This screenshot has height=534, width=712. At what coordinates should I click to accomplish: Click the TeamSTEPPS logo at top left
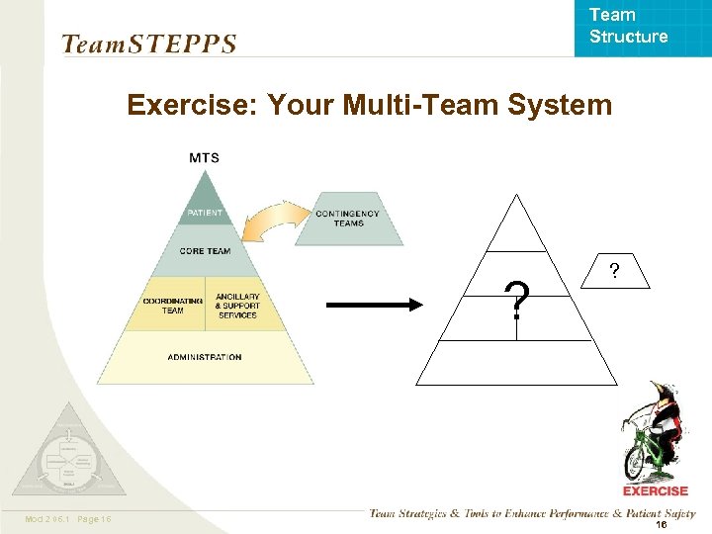pos(148,44)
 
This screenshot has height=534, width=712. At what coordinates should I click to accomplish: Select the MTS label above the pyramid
pos(204,158)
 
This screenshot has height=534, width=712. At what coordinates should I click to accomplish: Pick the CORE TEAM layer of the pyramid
pos(205,251)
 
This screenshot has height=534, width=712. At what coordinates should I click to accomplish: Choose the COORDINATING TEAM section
pos(172,306)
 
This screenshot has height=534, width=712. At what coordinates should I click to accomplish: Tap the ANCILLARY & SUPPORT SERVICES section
pos(237,306)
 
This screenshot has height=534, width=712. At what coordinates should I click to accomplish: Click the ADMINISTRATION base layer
pos(205,357)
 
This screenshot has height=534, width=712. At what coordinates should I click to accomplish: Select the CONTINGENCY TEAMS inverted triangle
pos(347,219)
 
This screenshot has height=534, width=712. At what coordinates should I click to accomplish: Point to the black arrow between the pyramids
pos(374,305)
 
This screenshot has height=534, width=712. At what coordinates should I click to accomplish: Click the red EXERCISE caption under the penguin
pos(655,490)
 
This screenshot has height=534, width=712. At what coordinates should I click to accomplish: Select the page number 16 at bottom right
pos(661,526)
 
